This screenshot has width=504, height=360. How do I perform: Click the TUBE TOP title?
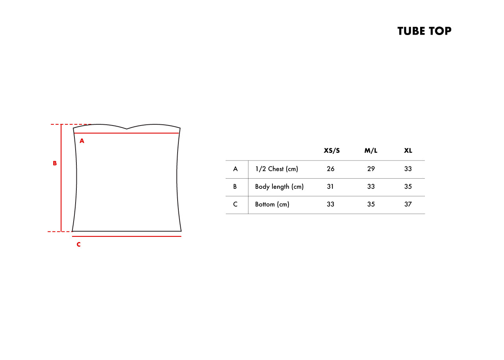(x=424, y=31)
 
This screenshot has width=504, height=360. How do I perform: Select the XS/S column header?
(x=332, y=151)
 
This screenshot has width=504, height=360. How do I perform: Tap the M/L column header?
(x=371, y=151)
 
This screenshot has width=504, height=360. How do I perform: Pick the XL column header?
(x=408, y=151)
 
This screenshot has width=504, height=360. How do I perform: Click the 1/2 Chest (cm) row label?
(x=276, y=169)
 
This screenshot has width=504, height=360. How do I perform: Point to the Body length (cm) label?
(x=279, y=186)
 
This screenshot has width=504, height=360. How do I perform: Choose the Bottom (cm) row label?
(x=272, y=205)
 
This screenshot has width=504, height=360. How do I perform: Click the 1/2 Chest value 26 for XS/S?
(x=330, y=169)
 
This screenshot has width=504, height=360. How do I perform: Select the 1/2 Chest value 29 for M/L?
(x=371, y=169)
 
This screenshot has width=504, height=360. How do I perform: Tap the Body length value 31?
(x=330, y=186)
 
